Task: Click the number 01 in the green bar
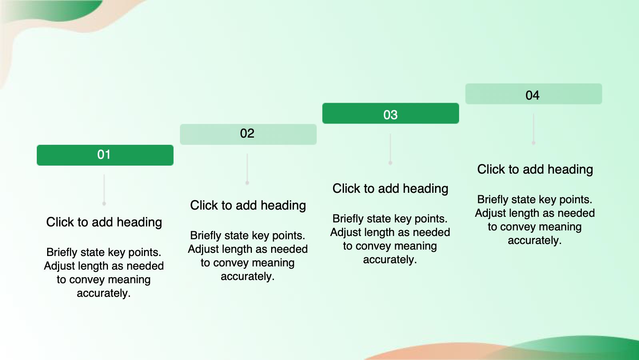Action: click(x=104, y=155)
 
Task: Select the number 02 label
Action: click(x=247, y=133)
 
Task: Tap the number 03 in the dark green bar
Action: click(x=390, y=115)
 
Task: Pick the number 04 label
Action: click(x=532, y=95)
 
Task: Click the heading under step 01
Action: click(x=104, y=222)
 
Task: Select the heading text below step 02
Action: click(x=248, y=205)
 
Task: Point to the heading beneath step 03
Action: click(x=390, y=188)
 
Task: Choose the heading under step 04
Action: click(x=535, y=169)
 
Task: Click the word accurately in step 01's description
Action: click(x=104, y=293)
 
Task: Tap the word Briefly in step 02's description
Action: click(x=206, y=236)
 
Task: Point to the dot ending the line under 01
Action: click(x=104, y=204)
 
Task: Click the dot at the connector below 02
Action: click(x=248, y=183)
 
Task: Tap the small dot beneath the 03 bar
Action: click(x=391, y=163)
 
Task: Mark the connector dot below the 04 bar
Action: click(x=533, y=143)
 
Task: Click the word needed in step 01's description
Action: click(x=145, y=266)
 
